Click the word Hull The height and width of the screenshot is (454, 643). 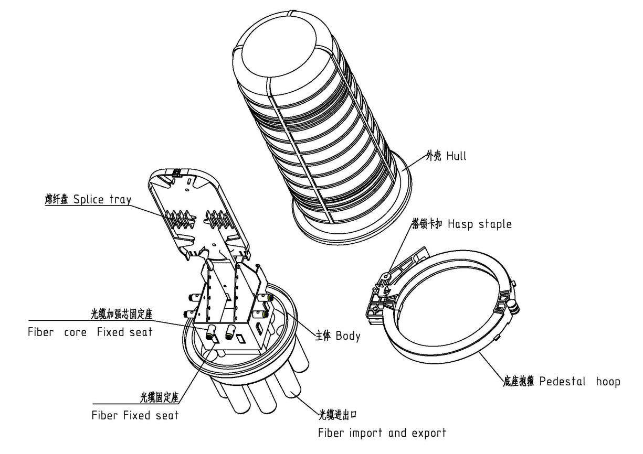point(456,156)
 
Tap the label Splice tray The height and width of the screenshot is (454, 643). point(102,200)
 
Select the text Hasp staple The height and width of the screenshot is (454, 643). point(480,224)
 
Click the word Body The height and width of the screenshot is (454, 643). point(347,336)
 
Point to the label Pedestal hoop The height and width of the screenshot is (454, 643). point(580,382)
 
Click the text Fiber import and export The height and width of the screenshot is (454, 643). point(382,433)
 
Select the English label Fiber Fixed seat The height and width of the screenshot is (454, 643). point(135,415)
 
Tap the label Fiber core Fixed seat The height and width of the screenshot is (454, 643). point(90,332)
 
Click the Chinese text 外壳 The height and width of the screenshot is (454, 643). point(434,156)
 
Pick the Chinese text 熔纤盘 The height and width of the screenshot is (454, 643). point(57,200)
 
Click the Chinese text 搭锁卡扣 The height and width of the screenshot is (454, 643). point(427,224)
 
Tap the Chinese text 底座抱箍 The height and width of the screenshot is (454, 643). point(519,382)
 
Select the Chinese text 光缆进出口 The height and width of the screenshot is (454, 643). point(338,415)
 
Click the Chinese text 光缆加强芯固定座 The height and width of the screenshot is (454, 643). point(121,315)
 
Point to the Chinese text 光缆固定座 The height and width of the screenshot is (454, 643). point(160,397)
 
